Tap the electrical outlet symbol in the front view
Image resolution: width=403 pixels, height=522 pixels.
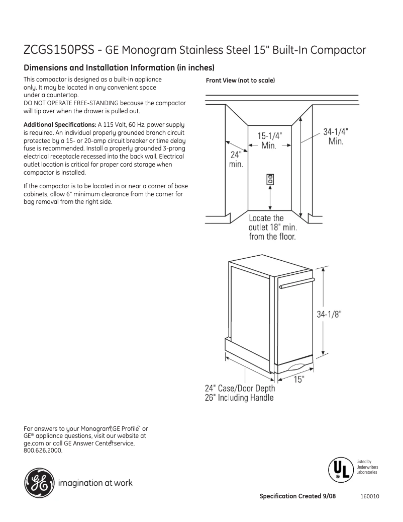pyautogui.click(x=270, y=179)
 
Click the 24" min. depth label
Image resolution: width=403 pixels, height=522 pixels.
pyautogui.click(x=236, y=160)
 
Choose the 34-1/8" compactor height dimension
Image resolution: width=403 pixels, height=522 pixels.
pyautogui.click(x=329, y=314)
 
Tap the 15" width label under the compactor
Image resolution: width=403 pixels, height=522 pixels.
pyautogui.click(x=299, y=379)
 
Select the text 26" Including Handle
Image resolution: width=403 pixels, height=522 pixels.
pyautogui.click(x=239, y=398)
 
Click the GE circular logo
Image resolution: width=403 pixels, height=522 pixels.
pyautogui.click(x=38, y=483)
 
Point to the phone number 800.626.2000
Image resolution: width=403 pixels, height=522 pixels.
pyautogui.click(x=43, y=451)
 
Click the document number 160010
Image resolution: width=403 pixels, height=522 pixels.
pyautogui.click(x=369, y=496)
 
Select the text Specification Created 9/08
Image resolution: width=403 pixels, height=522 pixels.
pyautogui.click(x=297, y=496)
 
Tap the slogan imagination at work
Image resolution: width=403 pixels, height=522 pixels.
pyautogui.click(x=95, y=483)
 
